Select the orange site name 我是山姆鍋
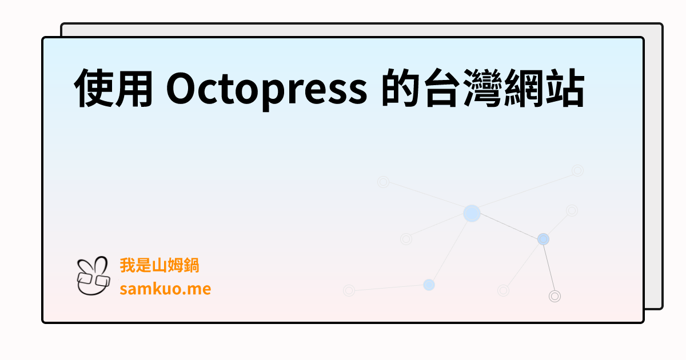pyautogui.click(x=159, y=266)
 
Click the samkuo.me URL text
pyautogui.click(x=165, y=289)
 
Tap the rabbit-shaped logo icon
pyautogui.click(x=93, y=275)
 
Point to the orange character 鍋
pyautogui.click(x=192, y=266)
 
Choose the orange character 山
pyautogui.click(x=159, y=266)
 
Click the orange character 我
pyautogui.click(x=127, y=266)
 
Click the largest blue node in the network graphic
pyautogui.click(x=472, y=213)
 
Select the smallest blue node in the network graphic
pyautogui.click(x=429, y=285)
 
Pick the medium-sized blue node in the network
pyautogui.click(x=543, y=239)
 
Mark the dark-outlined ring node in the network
pyautogui.click(x=555, y=296)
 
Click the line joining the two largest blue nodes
pyautogui.click(x=508, y=226)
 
